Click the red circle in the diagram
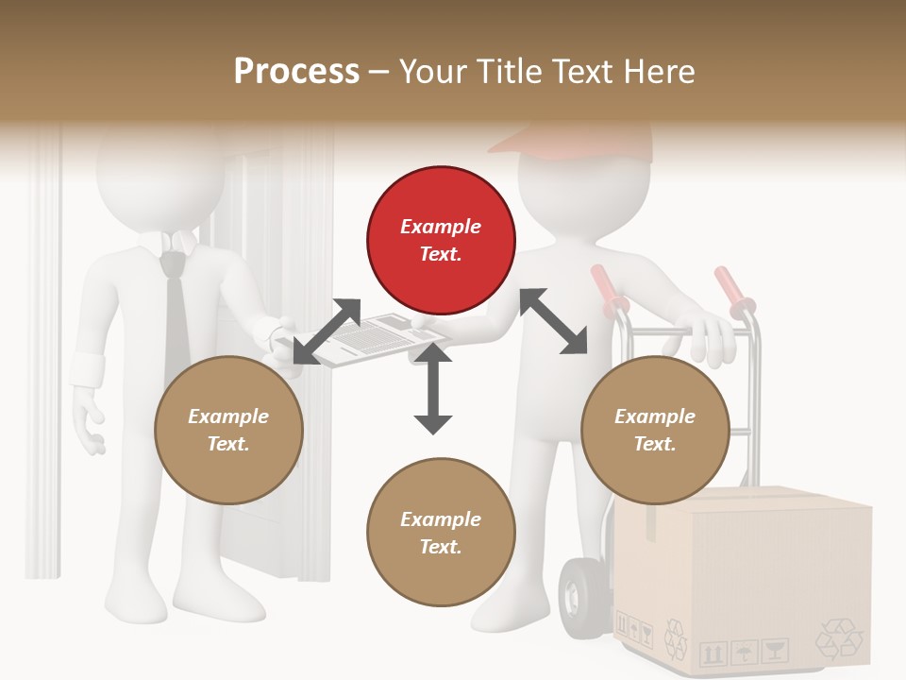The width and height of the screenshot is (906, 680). tap(441, 241)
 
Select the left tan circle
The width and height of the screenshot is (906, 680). tap(228, 431)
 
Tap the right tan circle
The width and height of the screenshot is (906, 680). tap(655, 431)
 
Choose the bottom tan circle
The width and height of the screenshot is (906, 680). tap(441, 533)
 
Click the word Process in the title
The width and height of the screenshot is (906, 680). tap(296, 71)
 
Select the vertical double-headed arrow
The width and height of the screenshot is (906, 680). tap(433, 388)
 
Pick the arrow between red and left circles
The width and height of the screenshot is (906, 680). tap(327, 331)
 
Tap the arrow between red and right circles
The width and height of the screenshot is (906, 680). tap(553, 321)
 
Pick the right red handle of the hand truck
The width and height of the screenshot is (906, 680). tap(734, 288)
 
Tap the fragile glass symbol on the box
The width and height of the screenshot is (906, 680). tap(774, 650)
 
